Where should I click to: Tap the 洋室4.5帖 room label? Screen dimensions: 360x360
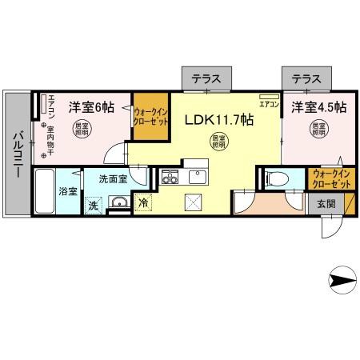tap(318, 106)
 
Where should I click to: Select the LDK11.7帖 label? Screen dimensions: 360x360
tap(219, 121)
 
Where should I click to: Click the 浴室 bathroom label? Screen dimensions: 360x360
tap(68, 192)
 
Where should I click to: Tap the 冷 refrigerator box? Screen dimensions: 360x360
tap(143, 203)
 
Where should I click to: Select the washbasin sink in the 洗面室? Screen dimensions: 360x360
tap(118, 203)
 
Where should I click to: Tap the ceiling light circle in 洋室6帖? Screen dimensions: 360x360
tap(82, 129)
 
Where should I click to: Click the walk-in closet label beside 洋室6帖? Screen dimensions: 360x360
tap(150, 118)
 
